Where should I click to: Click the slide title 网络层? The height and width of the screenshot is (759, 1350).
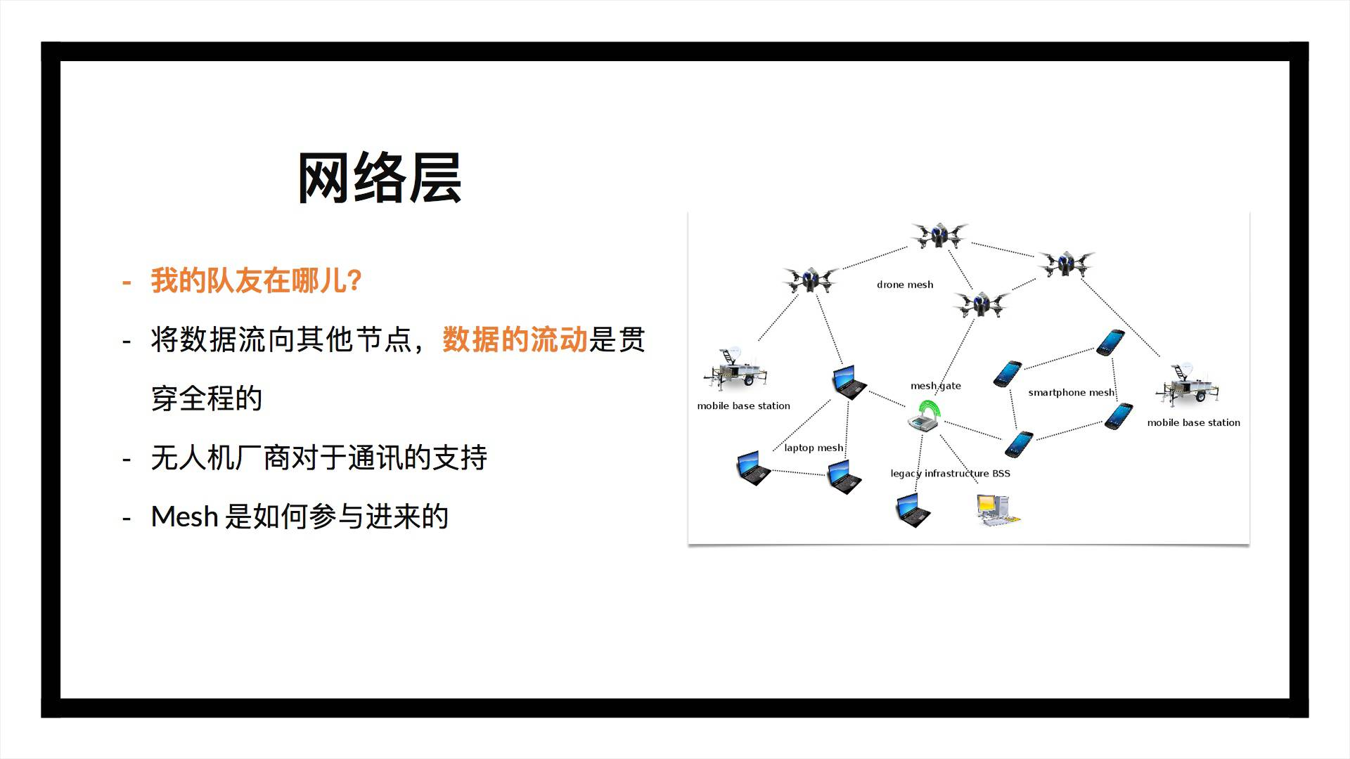pyautogui.click(x=379, y=179)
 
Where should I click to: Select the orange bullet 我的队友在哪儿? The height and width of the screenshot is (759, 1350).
pyautogui.click(x=256, y=280)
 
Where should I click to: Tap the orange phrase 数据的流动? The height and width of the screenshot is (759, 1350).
pyautogui.click(x=515, y=340)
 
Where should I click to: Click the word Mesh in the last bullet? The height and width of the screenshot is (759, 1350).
pyautogui.click(x=184, y=517)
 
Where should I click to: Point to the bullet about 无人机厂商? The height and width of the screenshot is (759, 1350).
pyautogui.click(x=319, y=458)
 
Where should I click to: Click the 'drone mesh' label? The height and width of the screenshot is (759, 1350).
pyautogui.click(x=905, y=285)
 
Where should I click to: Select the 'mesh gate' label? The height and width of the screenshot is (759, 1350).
pyautogui.click(x=935, y=386)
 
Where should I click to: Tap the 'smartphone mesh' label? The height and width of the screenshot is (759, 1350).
pyautogui.click(x=1071, y=392)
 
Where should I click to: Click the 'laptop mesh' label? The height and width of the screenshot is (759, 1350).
pyautogui.click(x=814, y=448)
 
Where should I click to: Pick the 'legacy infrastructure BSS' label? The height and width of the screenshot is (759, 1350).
pyautogui.click(x=950, y=473)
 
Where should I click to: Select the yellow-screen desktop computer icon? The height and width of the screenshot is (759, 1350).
pyautogui.click(x=996, y=510)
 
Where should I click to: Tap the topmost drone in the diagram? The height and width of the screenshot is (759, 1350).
pyautogui.click(x=939, y=235)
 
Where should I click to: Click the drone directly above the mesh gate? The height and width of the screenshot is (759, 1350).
pyautogui.click(x=981, y=304)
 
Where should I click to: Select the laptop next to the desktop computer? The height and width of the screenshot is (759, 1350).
pyautogui.click(x=913, y=510)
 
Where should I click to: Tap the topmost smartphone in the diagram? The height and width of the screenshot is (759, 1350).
pyautogui.click(x=1110, y=342)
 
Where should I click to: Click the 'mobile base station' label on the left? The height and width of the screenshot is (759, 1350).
pyautogui.click(x=743, y=406)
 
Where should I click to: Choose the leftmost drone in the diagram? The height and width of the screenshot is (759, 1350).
pyautogui.click(x=810, y=280)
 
